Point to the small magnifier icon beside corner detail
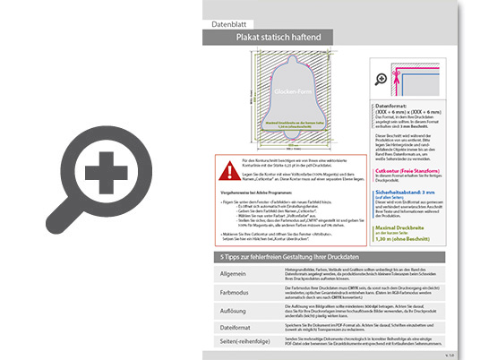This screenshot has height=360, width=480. coord(381,79)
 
